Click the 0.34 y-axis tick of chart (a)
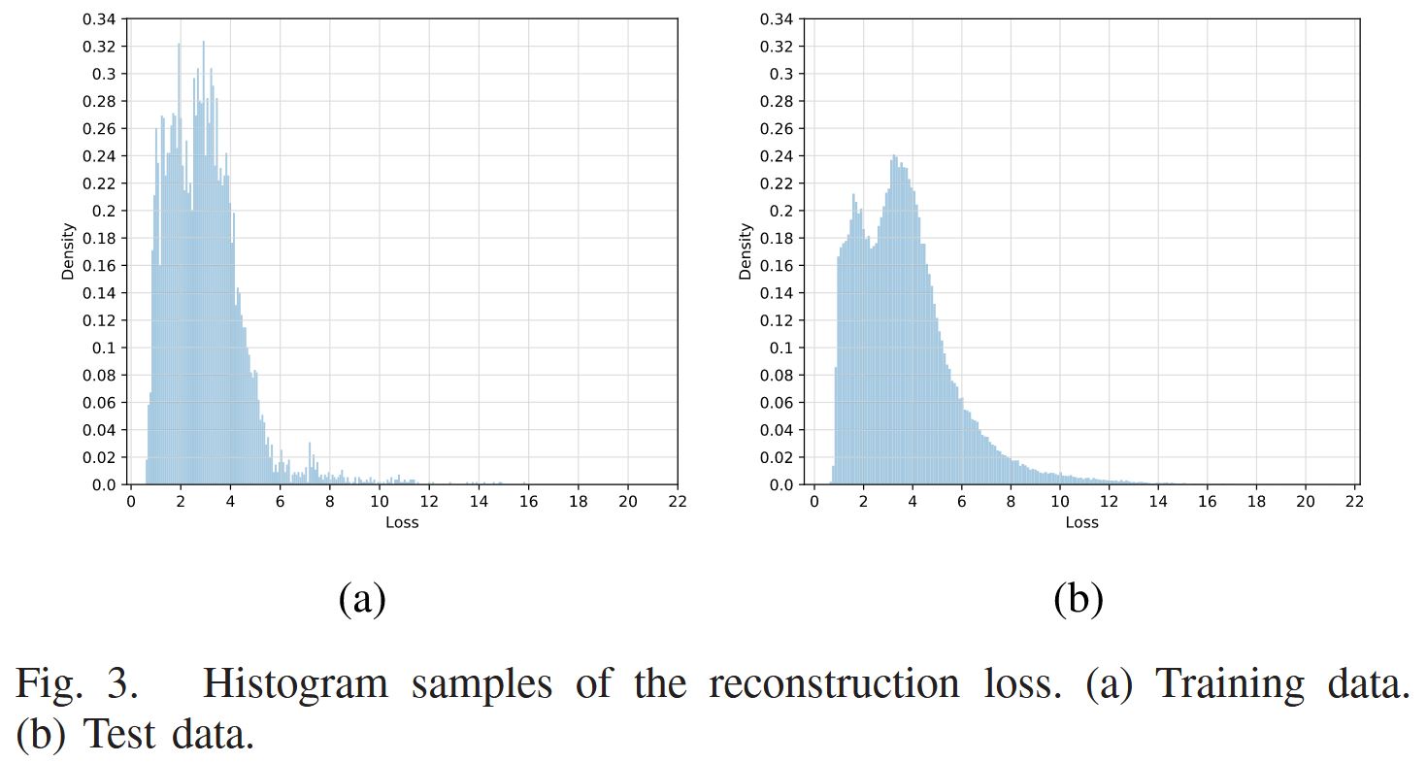coord(100,19)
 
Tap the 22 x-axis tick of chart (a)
coord(677,502)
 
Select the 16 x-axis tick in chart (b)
coord(1208,502)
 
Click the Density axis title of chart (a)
coord(68,251)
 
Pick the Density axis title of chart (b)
coord(746,251)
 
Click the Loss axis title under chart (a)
coord(402,522)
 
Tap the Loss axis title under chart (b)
coord(1081,522)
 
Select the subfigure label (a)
coord(362,599)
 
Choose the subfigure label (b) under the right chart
coord(1079,599)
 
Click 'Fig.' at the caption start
coord(50,684)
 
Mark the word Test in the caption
coord(120,735)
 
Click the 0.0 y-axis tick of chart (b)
coord(781,484)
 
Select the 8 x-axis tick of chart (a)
coord(329,502)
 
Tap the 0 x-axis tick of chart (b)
coord(813,502)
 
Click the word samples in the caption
coord(481,684)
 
